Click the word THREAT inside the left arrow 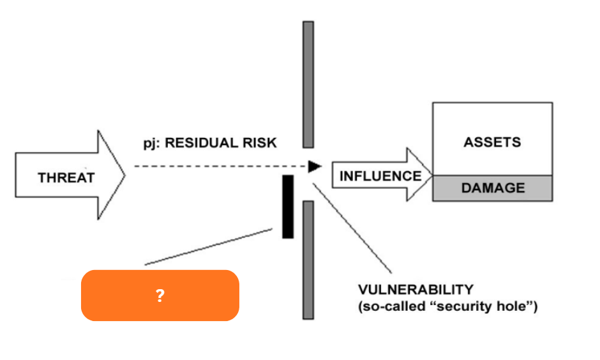tap(66, 177)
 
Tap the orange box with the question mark tap(160, 295)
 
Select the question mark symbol tap(160, 296)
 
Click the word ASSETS tap(492, 142)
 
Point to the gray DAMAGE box tap(492, 188)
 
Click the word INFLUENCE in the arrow tap(380, 176)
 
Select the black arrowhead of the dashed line tap(314, 167)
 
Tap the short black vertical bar tap(288, 206)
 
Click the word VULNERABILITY tap(416, 289)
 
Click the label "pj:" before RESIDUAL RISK tap(152, 143)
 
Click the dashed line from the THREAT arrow tap(217, 167)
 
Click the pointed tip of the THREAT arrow tap(125, 175)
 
